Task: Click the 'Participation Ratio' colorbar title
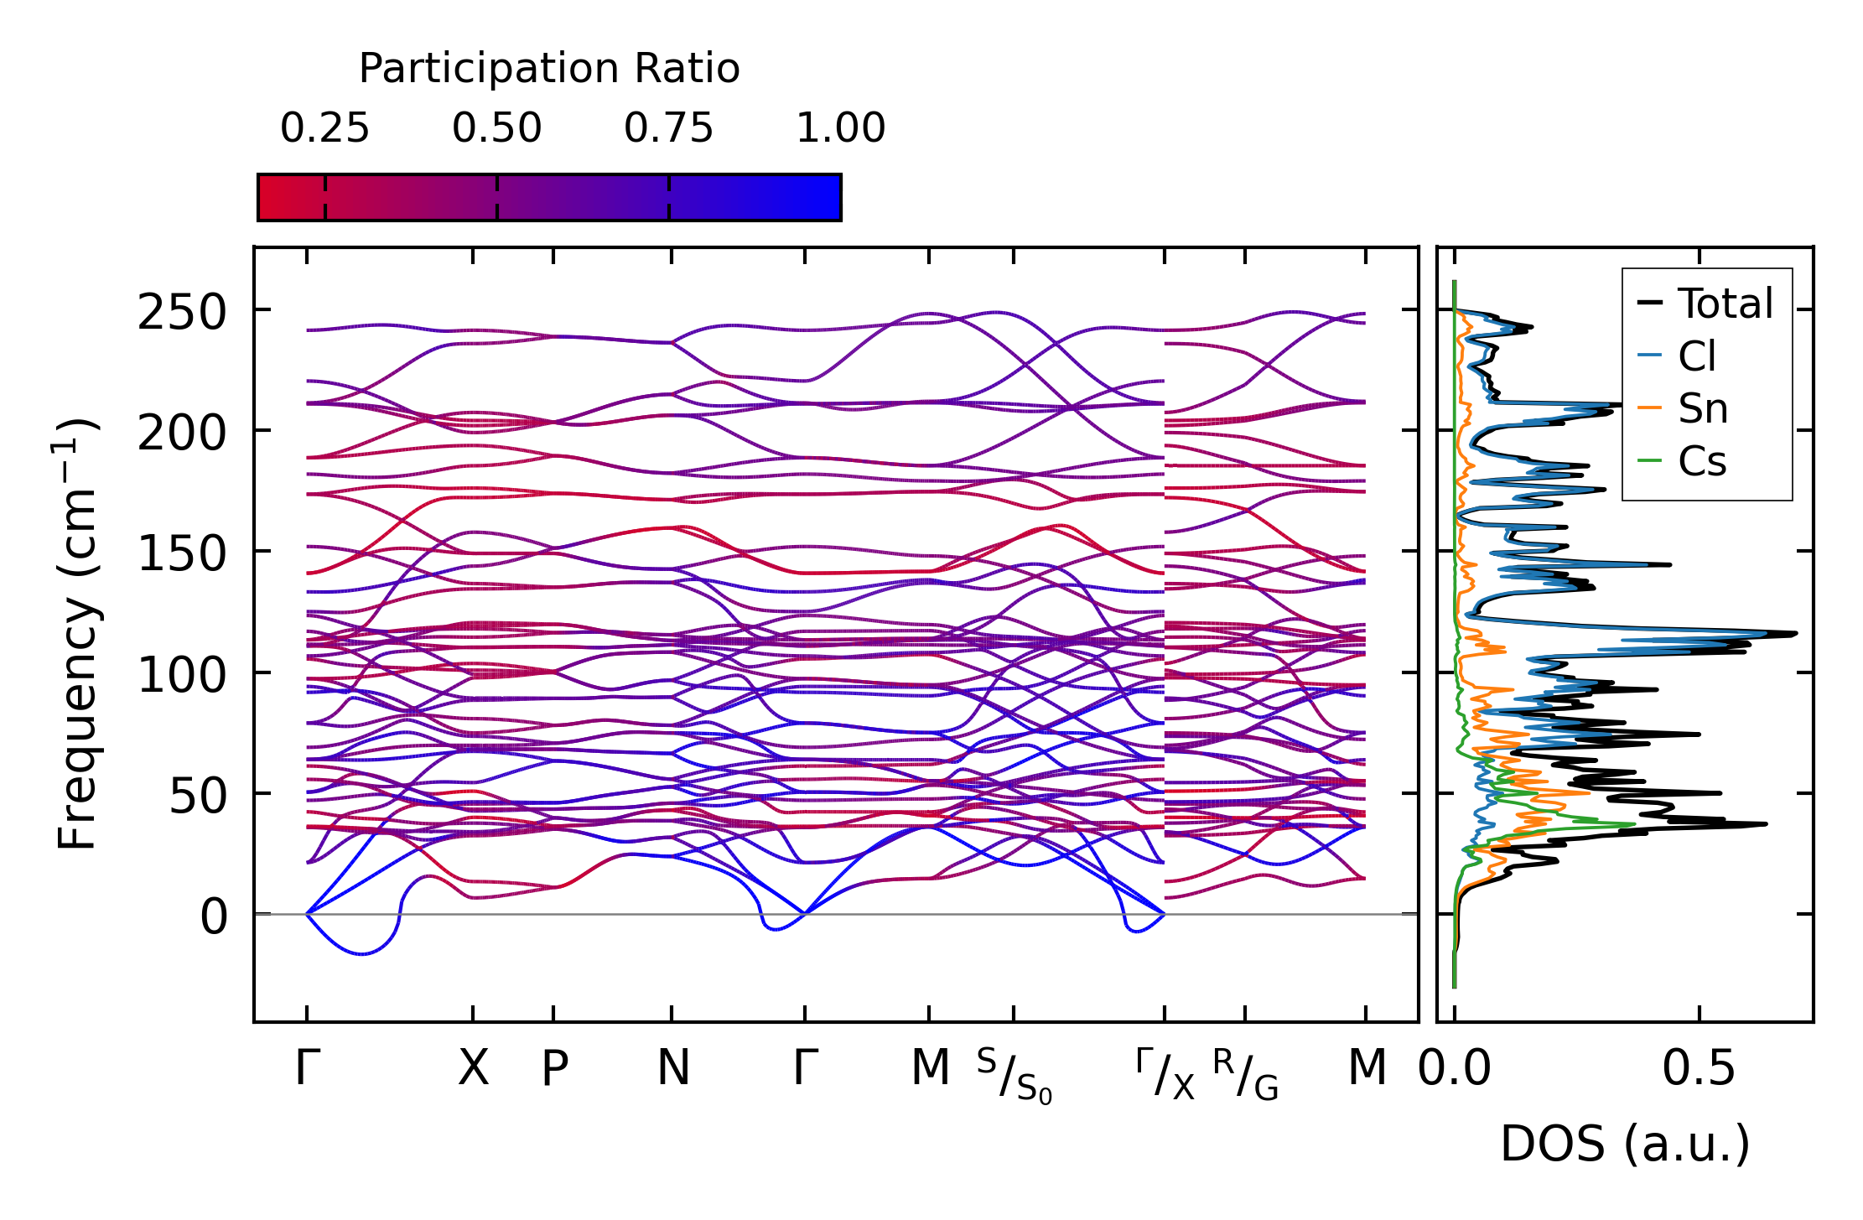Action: [549, 69]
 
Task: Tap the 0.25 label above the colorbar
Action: [324, 128]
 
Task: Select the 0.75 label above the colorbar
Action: [668, 128]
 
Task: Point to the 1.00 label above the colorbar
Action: [840, 128]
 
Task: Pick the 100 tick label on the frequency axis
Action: [182, 675]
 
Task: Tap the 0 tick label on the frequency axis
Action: [214, 916]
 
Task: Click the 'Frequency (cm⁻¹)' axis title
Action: [77, 634]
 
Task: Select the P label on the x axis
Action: [554, 1068]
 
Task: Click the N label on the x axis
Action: [673, 1067]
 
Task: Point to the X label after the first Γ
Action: [473, 1067]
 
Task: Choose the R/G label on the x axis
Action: [1245, 1073]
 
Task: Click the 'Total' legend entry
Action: [1724, 304]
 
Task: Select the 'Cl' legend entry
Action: [1697, 356]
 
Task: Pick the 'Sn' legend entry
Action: [1702, 409]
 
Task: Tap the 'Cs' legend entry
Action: [1701, 461]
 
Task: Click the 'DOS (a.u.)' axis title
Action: [1625, 1144]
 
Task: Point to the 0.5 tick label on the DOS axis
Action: [1699, 1068]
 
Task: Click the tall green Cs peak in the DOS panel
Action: [1631, 824]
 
